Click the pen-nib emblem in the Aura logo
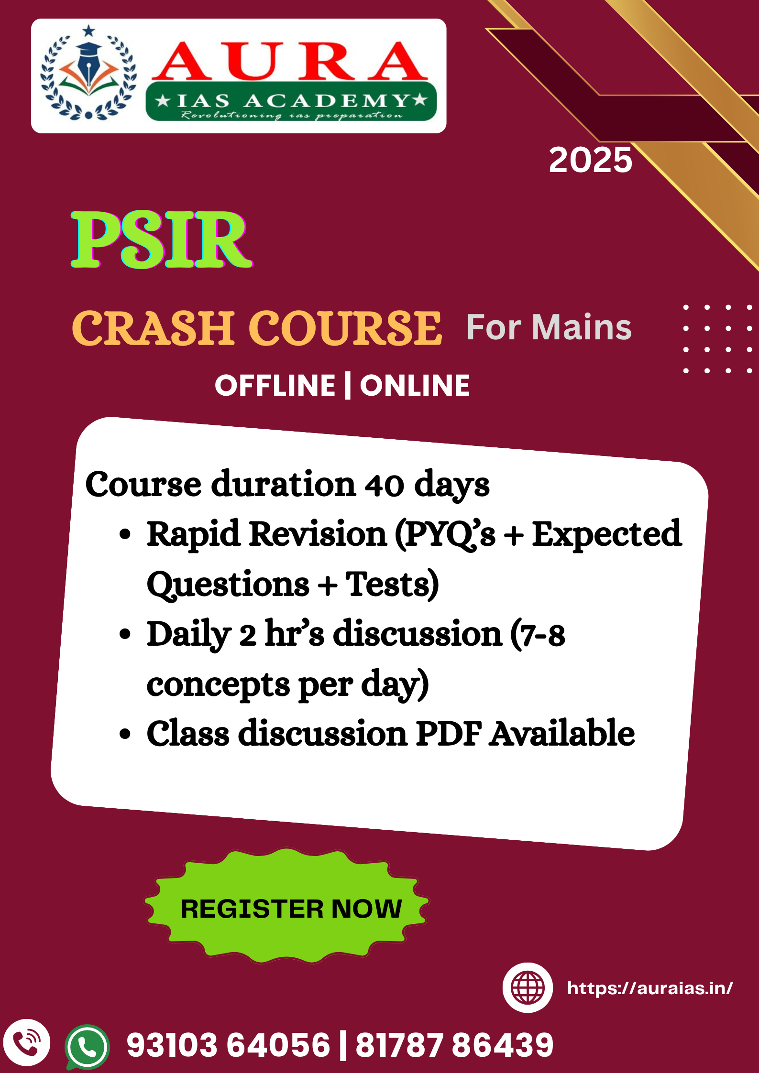coord(88,72)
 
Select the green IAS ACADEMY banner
coord(291,101)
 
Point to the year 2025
coord(590,160)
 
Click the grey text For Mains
coord(549,327)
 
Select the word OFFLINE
coord(275,386)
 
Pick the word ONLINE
coord(415,386)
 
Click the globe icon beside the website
coord(528,987)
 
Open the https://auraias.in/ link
coord(650,988)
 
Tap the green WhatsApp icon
coord(87,1047)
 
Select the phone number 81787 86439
coord(454,1044)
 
